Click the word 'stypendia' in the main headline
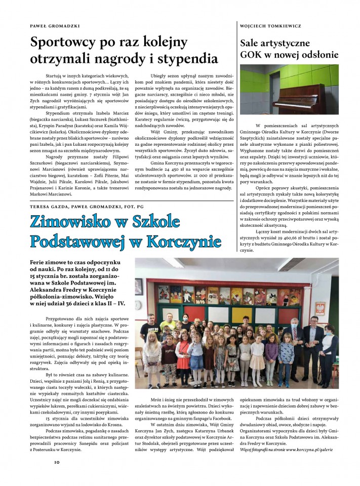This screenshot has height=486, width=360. (x=189, y=57)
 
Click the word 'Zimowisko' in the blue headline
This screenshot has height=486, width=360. (x=74, y=222)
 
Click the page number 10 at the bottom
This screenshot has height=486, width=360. (x=57, y=462)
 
